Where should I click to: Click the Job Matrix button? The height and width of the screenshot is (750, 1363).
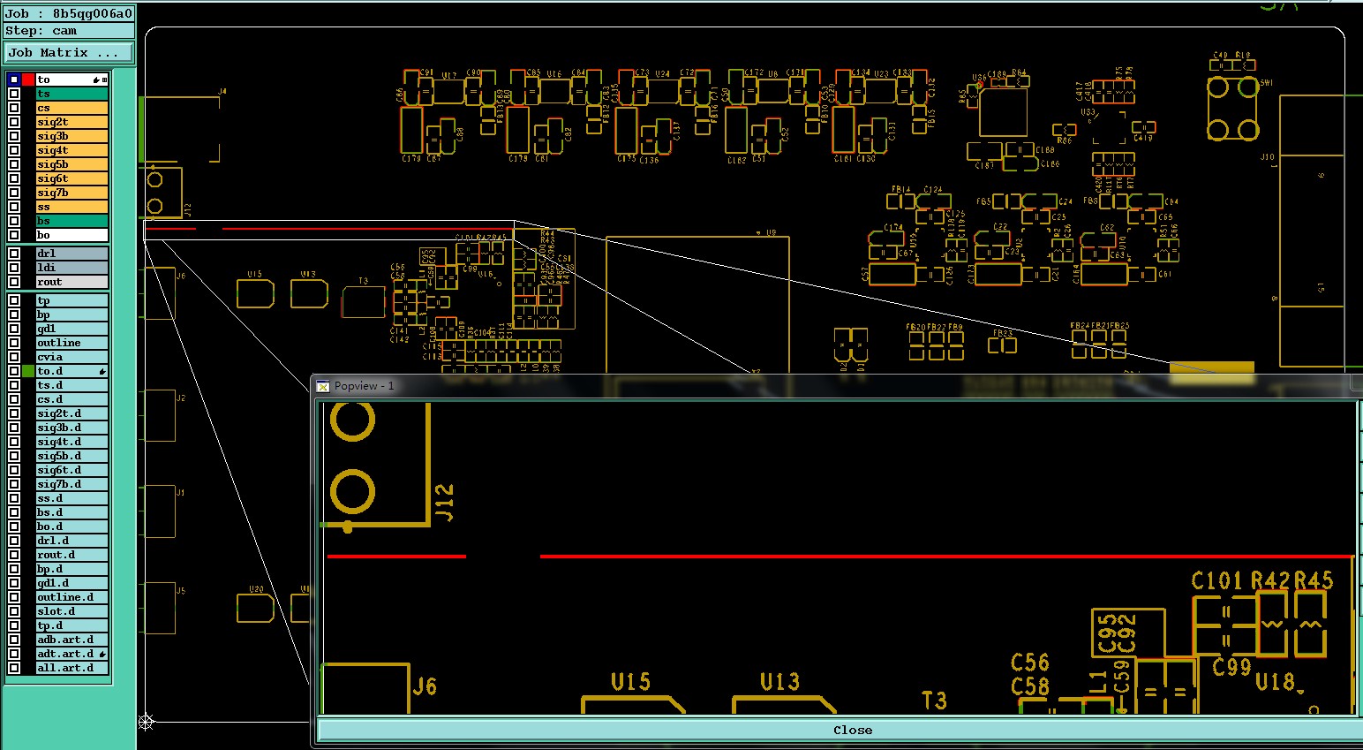click(68, 53)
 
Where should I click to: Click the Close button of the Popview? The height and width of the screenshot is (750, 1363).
click(852, 730)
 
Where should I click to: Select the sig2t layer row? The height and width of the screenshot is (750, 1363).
click(72, 122)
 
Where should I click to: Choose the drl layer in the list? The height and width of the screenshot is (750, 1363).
click(72, 254)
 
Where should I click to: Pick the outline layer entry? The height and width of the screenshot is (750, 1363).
click(72, 343)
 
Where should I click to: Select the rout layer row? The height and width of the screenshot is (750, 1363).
click(72, 282)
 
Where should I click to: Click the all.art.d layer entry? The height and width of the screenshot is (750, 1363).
click(72, 668)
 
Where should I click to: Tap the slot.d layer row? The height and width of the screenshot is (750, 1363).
click(72, 611)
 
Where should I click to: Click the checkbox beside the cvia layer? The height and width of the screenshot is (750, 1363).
click(14, 357)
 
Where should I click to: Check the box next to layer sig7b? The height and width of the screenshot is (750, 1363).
click(14, 193)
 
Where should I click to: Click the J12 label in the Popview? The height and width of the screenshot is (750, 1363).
click(445, 503)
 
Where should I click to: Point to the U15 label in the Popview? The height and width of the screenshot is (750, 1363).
click(630, 682)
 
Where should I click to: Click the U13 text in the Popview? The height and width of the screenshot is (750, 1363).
click(779, 682)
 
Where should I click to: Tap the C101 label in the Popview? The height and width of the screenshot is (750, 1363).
click(1216, 580)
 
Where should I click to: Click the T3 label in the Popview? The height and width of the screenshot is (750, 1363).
click(934, 701)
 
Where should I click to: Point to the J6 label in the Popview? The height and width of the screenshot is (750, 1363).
click(425, 686)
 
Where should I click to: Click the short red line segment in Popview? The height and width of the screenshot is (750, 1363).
click(396, 557)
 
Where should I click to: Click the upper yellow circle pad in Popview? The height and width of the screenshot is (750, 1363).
click(352, 420)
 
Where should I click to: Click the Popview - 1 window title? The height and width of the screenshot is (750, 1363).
click(364, 386)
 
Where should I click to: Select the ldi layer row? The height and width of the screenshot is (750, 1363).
click(72, 268)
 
